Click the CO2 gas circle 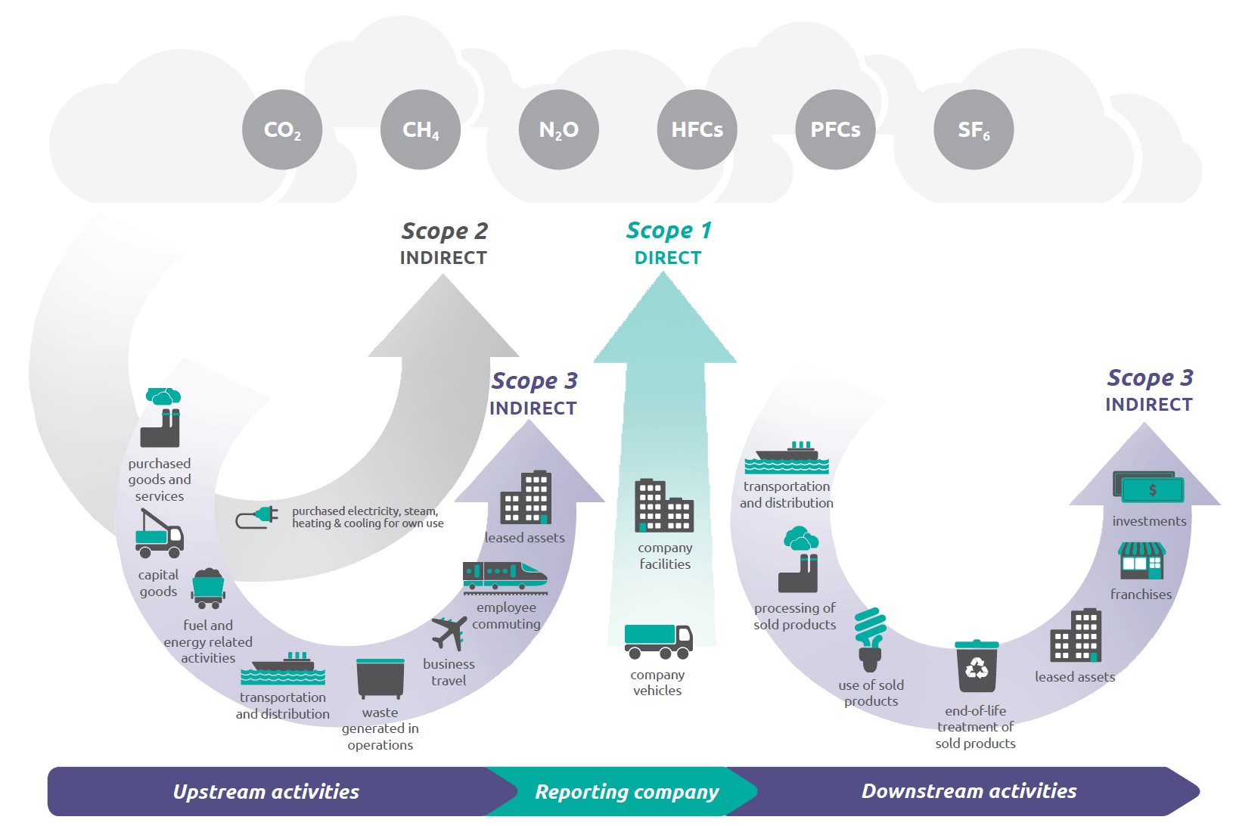[282, 129]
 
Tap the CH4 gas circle [421, 129]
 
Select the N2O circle [559, 129]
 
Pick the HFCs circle [697, 129]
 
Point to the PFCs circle [835, 129]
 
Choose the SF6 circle [974, 129]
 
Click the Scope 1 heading [669, 231]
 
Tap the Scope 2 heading [444, 231]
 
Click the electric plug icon [256, 517]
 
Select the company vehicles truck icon [658, 641]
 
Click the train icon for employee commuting [505, 578]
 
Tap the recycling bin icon [977, 666]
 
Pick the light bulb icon [870, 640]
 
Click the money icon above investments [1148, 486]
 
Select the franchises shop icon [1141, 560]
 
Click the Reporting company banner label [627, 793]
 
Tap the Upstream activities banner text [266, 792]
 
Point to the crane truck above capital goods [159, 533]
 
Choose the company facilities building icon [664, 505]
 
